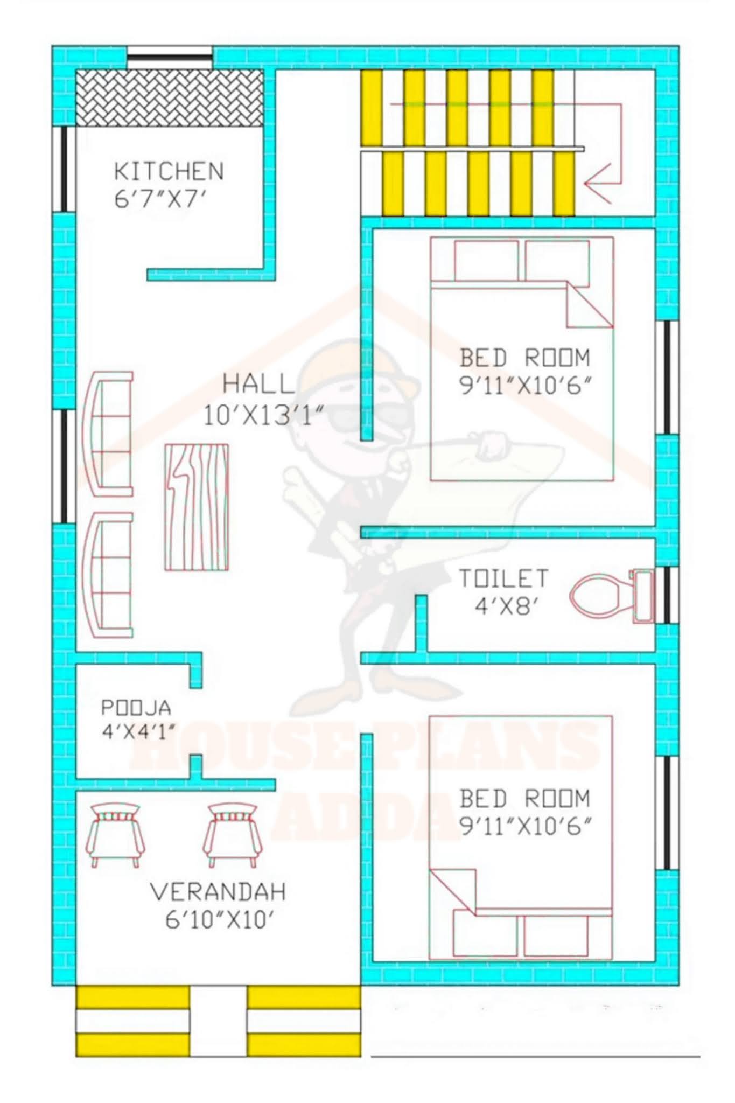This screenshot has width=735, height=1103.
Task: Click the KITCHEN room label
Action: pyautogui.click(x=169, y=171)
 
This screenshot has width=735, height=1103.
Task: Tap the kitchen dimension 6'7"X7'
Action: pyautogui.click(x=160, y=200)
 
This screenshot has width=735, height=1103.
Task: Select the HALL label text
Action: pyautogui.click(x=258, y=384)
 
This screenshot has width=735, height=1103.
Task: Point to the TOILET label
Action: pyautogui.click(x=503, y=578)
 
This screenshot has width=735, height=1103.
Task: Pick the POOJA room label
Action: pyautogui.click(x=136, y=707)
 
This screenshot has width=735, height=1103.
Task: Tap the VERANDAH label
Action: pyautogui.click(x=218, y=892)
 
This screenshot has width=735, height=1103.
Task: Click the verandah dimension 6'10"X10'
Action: pyautogui.click(x=220, y=920)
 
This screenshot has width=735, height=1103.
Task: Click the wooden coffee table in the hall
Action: pyautogui.click(x=197, y=507)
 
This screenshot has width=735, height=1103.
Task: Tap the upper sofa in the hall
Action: pyautogui.click(x=108, y=434)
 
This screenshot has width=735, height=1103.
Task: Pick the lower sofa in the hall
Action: pyautogui.click(x=108, y=575)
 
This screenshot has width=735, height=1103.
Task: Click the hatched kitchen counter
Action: pyautogui.click(x=170, y=98)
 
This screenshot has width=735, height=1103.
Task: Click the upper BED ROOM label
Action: pyautogui.click(x=524, y=358)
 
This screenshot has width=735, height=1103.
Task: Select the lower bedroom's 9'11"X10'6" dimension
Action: pyautogui.click(x=525, y=826)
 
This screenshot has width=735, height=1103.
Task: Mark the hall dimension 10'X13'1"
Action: pyautogui.click(x=263, y=416)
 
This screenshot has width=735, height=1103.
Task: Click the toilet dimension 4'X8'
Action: pyautogui.click(x=506, y=607)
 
